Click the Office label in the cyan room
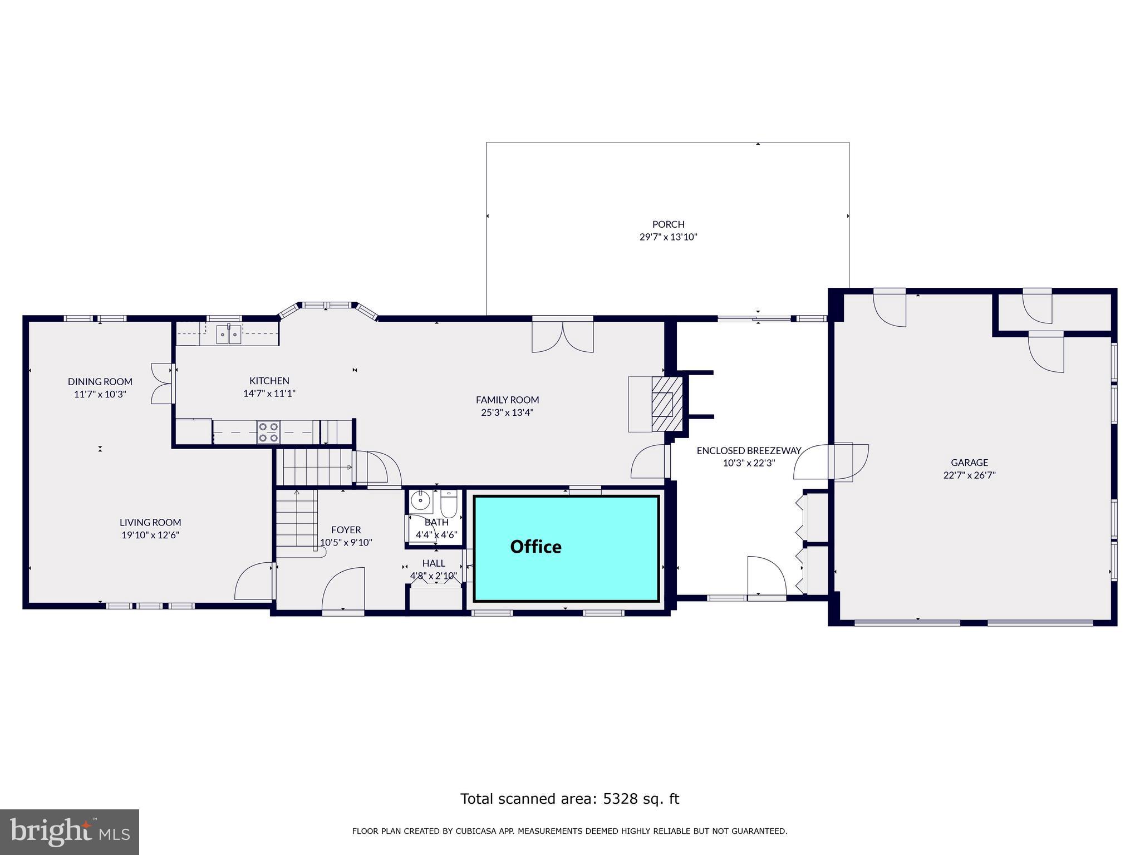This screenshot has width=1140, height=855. click(535, 547)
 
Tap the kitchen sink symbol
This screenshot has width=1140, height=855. click(228, 333)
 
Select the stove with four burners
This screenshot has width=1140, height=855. click(268, 433)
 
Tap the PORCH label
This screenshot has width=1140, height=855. click(668, 224)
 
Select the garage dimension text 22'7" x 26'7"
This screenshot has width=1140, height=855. click(969, 475)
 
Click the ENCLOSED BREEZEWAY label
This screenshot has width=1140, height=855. click(749, 450)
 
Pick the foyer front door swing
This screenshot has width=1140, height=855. click(343, 590)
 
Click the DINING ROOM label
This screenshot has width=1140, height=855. click(100, 381)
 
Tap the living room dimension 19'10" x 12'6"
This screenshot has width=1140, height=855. click(150, 535)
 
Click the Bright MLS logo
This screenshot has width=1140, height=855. click(70, 832)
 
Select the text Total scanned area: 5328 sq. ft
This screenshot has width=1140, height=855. click(569, 799)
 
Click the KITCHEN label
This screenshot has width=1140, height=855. click(269, 381)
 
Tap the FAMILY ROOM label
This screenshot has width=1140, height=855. click(507, 400)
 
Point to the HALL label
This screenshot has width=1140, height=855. click(433, 563)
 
